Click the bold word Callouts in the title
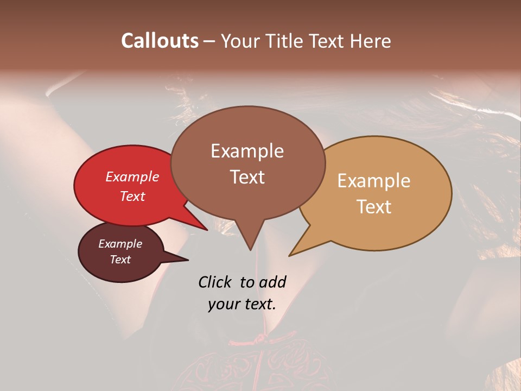click(x=160, y=41)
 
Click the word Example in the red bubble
click(x=132, y=176)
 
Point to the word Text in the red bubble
click(x=132, y=196)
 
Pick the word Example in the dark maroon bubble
click(x=120, y=244)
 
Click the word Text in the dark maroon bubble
click(x=120, y=260)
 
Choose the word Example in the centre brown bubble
click(x=247, y=151)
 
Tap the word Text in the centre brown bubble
click(x=247, y=177)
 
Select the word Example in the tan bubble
click(x=374, y=181)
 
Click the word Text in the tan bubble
click(x=374, y=207)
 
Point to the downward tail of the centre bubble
click(x=250, y=239)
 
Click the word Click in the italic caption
click(x=215, y=282)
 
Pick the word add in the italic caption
click(x=272, y=282)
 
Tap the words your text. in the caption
click(x=242, y=304)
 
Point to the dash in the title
click(x=209, y=41)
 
